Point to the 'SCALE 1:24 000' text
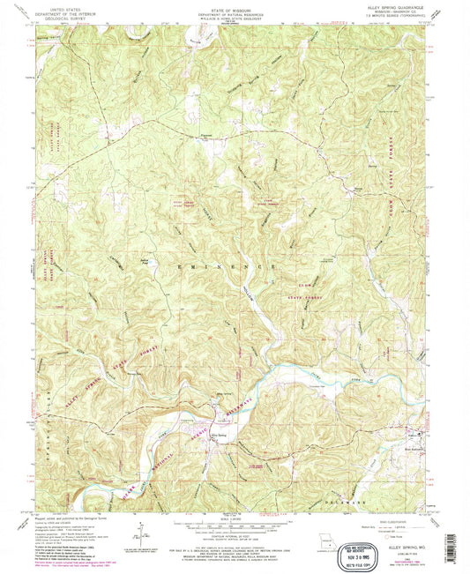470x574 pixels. point(234,516)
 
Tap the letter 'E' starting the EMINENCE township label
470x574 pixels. point(180,265)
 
